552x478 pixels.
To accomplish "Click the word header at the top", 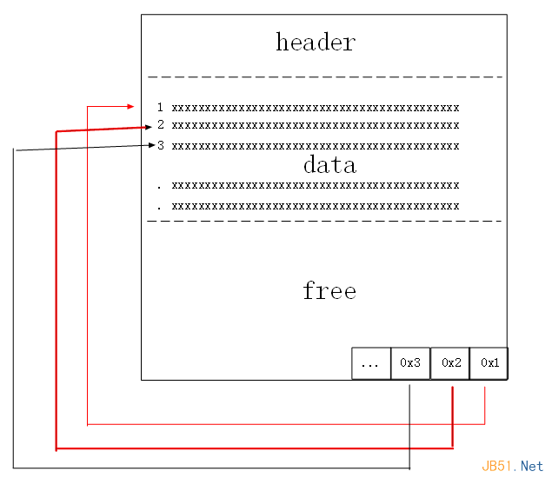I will point(316,42).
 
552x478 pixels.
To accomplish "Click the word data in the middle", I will point(329,164).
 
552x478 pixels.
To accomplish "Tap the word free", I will point(329,290).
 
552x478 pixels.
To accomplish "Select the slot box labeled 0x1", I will point(489,363).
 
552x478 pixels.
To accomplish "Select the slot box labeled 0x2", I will point(450,363).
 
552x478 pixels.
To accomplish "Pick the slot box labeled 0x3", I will point(410,363).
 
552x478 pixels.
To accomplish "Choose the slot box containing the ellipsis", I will point(371,363).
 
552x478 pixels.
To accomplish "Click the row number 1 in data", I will point(160,108).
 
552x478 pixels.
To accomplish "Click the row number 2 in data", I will point(160,125).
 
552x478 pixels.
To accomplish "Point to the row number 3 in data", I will point(160,145).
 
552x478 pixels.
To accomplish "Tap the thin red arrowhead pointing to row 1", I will point(130,107).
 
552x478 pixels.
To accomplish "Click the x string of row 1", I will point(315,108).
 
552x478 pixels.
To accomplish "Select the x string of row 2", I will point(315,125).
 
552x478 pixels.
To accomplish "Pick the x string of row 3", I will point(315,145).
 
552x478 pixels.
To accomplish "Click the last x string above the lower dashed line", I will point(315,207).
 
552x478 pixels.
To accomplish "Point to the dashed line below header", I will point(324,77).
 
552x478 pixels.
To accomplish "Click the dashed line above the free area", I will point(324,221).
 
